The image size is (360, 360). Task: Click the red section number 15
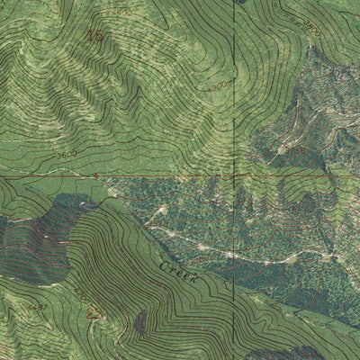click(x=94, y=36)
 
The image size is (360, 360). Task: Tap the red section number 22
click(x=94, y=313)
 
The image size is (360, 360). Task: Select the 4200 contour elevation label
click(x=213, y=88)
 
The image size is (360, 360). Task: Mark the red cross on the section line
click(x=95, y=176)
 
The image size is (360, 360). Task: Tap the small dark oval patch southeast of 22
click(x=140, y=322)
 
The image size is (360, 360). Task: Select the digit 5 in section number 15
click(x=99, y=36)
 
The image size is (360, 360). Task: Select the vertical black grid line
click(x=233, y=108)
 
